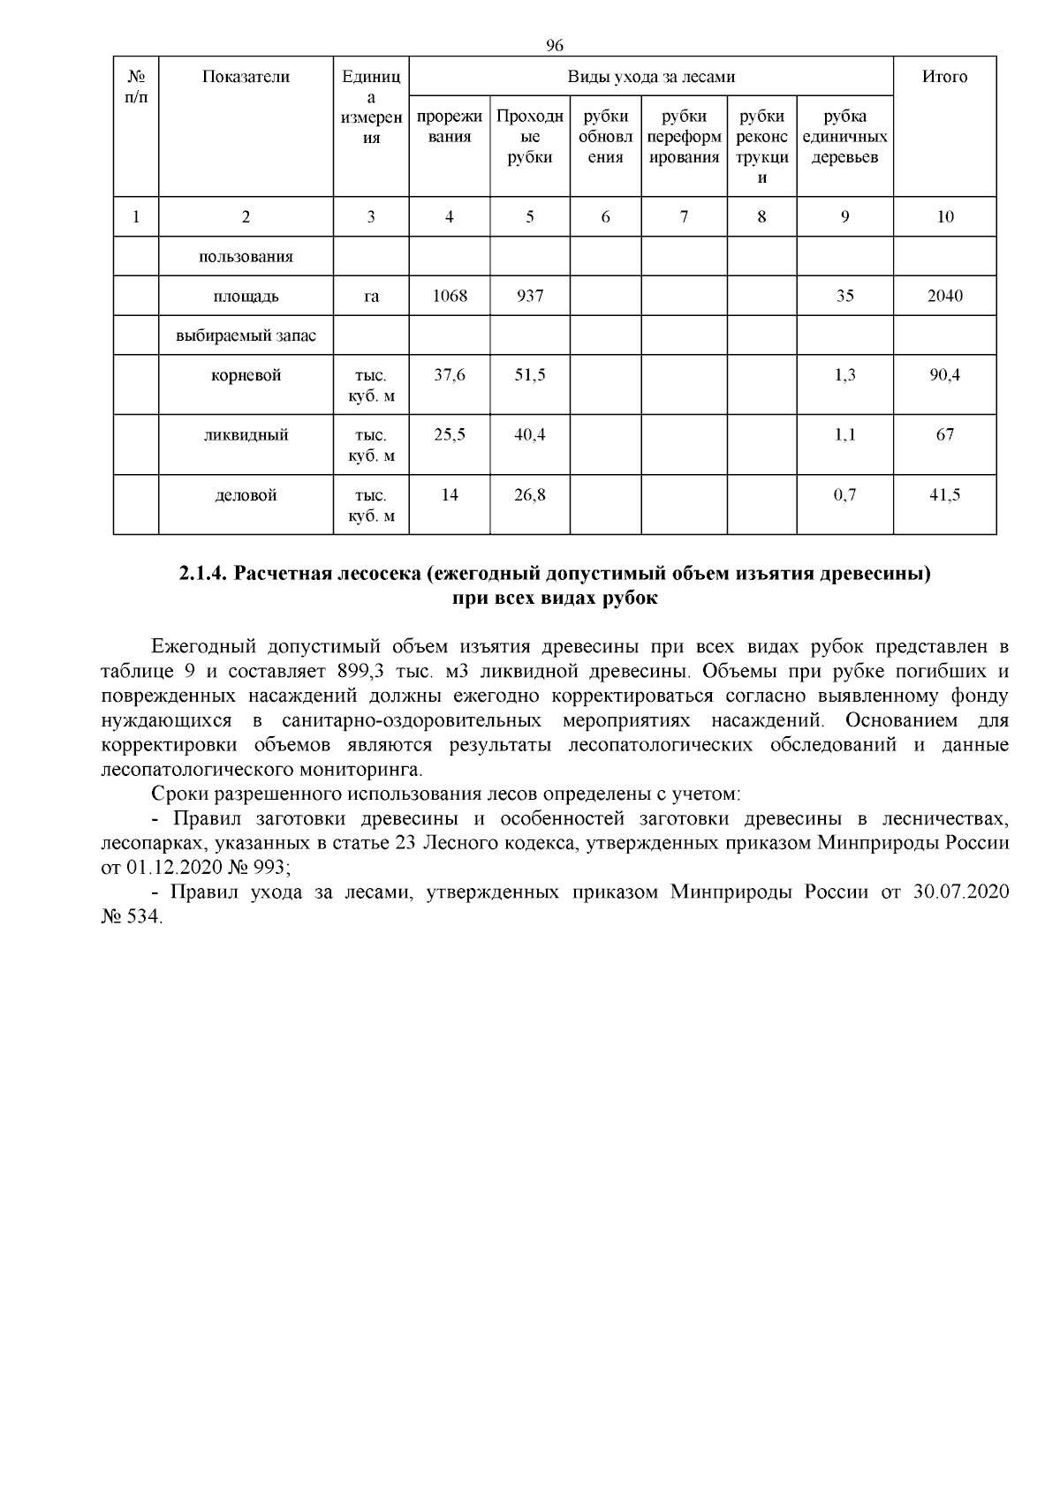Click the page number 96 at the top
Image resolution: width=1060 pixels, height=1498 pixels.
(555, 45)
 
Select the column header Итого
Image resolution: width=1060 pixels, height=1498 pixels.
(944, 77)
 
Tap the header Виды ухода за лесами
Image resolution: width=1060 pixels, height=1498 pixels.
(651, 77)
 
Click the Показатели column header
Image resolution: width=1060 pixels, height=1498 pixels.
(246, 77)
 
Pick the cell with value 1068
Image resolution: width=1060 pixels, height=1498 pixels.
(449, 296)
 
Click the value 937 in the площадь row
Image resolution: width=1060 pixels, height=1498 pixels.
(529, 296)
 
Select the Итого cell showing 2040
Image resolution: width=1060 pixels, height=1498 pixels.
(944, 296)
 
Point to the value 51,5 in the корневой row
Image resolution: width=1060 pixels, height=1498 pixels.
(529, 375)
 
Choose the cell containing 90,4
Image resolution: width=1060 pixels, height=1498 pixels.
(944, 375)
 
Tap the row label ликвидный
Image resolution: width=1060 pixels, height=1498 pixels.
(246, 435)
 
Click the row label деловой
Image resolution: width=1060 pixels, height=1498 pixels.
(246, 495)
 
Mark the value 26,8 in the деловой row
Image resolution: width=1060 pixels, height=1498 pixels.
(529, 495)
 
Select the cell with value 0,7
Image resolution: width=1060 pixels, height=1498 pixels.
(844, 495)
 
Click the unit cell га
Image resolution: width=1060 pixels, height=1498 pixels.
(371, 297)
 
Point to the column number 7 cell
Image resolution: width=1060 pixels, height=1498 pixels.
(684, 217)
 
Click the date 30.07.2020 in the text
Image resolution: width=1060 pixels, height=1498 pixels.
(961, 892)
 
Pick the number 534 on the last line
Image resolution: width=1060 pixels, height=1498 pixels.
(146, 917)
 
